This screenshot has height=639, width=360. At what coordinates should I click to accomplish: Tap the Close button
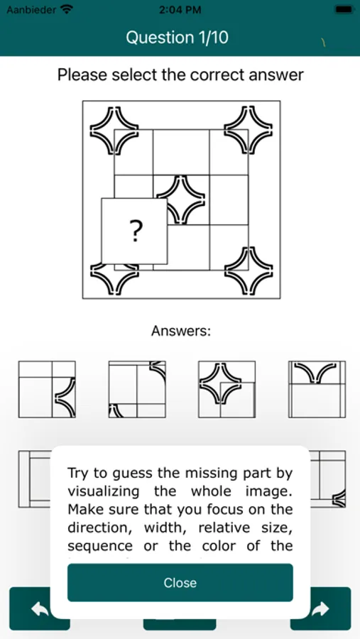click(180, 582)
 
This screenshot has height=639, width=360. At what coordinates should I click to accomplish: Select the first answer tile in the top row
click(47, 389)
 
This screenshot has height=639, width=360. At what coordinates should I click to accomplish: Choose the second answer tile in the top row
click(137, 389)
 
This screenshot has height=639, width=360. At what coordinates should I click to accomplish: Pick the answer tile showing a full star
click(227, 389)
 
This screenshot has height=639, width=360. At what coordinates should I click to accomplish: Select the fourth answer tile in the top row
click(317, 389)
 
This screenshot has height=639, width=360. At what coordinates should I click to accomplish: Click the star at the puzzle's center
click(180, 200)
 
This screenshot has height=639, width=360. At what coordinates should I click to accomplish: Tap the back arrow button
click(40, 609)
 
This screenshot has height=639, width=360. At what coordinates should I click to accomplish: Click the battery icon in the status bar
click(344, 9)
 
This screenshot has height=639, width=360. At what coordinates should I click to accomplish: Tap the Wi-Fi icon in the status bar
click(66, 9)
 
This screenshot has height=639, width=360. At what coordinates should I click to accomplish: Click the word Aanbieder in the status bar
click(31, 9)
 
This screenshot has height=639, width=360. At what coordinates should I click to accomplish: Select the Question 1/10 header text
click(178, 38)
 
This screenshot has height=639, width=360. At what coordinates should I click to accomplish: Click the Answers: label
click(180, 331)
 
